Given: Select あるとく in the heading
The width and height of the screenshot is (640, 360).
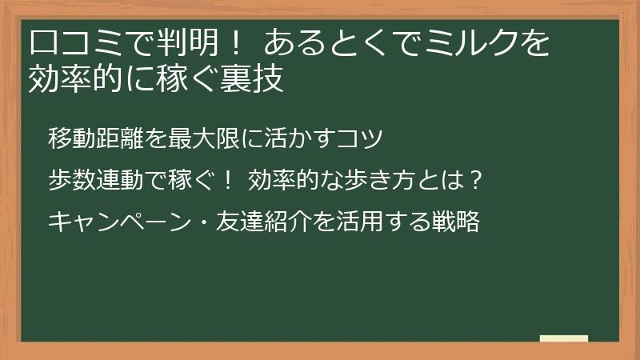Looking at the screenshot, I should coord(319,42).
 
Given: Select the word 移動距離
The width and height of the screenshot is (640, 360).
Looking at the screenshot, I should coord(96,138).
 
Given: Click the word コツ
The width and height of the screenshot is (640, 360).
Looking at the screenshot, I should coord(369,138).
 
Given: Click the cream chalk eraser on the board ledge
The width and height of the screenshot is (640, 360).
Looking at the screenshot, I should coord(564,338).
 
